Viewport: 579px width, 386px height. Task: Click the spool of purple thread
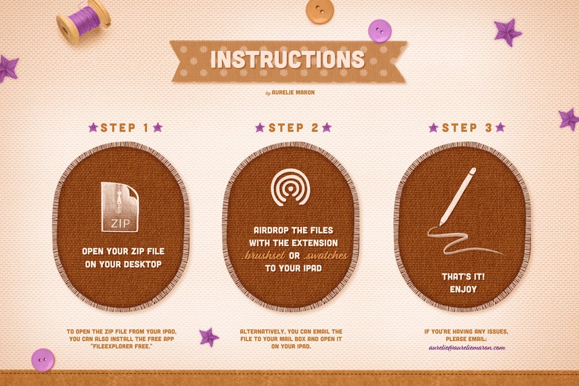tap(83, 22)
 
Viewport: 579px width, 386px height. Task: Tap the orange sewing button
tap(320, 11)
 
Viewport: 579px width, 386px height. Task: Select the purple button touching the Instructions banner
tap(380, 31)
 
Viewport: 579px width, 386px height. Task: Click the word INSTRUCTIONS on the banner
tap(287, 59)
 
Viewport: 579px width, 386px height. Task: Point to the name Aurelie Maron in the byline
tap(293, 92)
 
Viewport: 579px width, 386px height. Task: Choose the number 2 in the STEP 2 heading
tap(315, 128)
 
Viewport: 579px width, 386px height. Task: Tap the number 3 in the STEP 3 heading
tap(489, 128)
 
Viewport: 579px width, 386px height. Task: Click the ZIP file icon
tap(120, 207)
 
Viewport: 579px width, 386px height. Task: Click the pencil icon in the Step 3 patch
tap(458, 196)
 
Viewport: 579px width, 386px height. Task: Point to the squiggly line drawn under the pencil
tap(466, 241)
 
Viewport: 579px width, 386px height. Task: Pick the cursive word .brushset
tap(263, 256)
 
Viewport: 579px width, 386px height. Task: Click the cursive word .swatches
tap(326, 256)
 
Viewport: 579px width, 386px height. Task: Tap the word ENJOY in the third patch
tap(463, 289)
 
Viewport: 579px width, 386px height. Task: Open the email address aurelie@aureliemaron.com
tap(467, 347)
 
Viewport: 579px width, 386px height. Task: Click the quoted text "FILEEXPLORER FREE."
tap(121, 346)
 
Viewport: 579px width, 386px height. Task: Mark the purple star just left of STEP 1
tap(93, 127)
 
